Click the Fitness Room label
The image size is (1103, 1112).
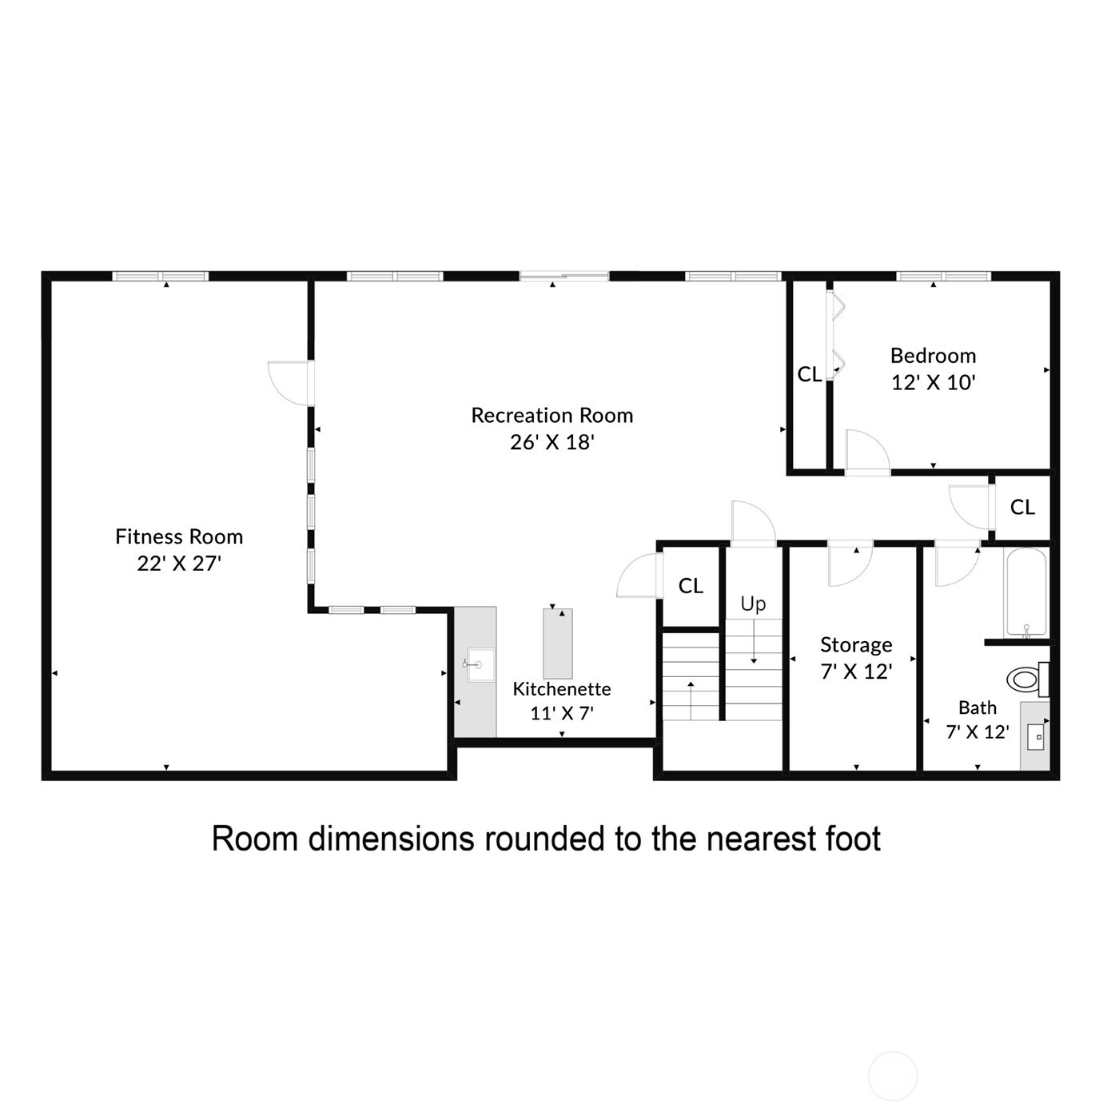tap(179, 536)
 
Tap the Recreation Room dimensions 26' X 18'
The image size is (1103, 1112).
tap(551, 442)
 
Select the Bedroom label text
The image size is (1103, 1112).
tap(933, 355)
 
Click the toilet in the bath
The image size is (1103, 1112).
tap(1025, 680)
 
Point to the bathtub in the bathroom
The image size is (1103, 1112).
tap(1025, 592)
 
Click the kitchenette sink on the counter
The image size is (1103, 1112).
tap(480, 665)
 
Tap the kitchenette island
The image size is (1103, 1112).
tap(558, 644)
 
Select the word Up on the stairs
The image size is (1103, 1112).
tap(753, 604)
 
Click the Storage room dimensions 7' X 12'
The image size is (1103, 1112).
tap(856, 672)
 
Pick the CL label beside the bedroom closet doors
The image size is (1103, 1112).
tap(809, 374)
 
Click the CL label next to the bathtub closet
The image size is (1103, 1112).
tap(1022, 507)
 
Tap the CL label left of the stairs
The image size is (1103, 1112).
tap(691, 586)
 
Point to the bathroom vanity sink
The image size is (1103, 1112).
tap(1036, 736)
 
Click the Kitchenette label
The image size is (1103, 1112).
tap(561, 688)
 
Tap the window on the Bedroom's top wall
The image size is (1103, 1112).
tap(943, 277)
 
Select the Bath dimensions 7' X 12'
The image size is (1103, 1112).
tap(977, 731)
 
